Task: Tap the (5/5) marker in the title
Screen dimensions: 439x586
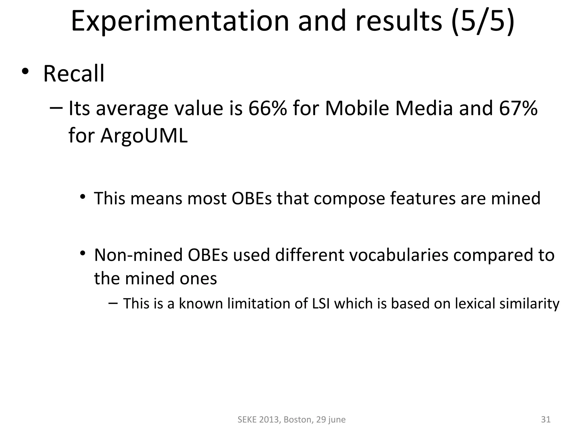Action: point(483,21)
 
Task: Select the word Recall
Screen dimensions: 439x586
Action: point(74,74)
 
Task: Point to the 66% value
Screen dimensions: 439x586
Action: point(268,109)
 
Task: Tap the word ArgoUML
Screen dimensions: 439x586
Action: point(144,135)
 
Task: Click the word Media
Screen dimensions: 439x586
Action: point(424,109)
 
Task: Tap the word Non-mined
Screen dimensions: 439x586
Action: point(138,255)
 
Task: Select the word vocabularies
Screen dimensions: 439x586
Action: point(399,255)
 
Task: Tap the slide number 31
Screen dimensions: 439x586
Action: point(546,419)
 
